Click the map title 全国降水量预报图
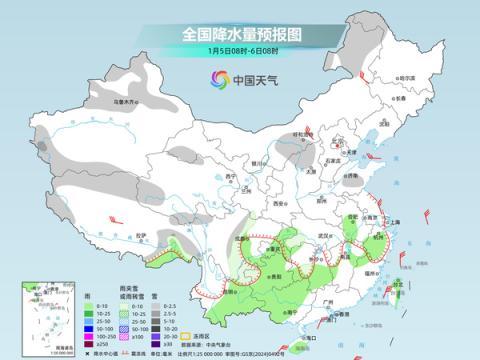click(239, 33)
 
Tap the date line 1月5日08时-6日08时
click(239, 50)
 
